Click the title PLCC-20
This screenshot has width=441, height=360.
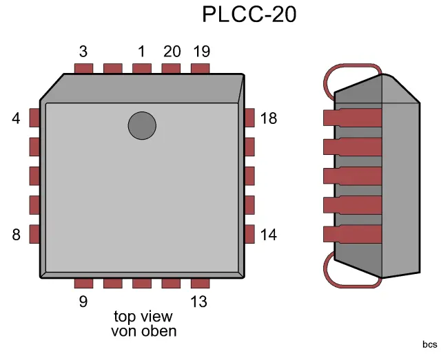pos(249,14)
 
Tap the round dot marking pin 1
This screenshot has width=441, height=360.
pos(142,125)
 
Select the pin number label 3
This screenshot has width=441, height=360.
pos(83,52)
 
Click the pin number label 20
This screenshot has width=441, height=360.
pos(172,52)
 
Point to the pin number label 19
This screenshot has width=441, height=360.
pos(201,52)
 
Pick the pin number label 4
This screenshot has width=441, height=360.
pos(16,118)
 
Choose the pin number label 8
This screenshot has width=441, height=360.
pos(16,235)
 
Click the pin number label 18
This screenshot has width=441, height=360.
pos(269,118)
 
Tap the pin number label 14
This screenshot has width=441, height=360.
pos(269,235)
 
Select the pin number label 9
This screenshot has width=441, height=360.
pos(83,301)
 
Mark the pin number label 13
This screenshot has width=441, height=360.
pos(199,301)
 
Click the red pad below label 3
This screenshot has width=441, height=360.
pos(83,68)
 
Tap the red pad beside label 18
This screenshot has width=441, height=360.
pos(249,118)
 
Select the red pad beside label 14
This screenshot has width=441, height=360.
pos(249,234)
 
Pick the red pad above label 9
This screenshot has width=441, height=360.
pos(83,283)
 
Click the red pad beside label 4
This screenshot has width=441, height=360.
pos(34,118)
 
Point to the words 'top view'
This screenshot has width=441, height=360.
pos(143,317)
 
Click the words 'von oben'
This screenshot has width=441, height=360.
pos(143,331)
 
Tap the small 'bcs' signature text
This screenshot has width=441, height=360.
pos(430,344)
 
